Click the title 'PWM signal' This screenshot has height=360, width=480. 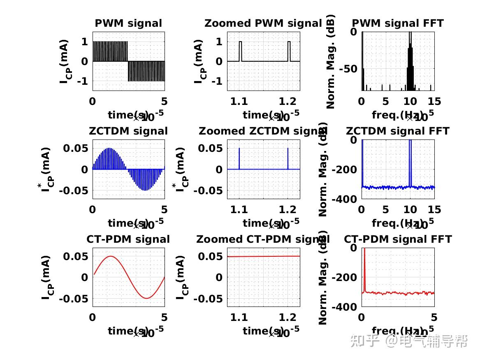[128, 23]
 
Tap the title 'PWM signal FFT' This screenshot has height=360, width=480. [398, 23]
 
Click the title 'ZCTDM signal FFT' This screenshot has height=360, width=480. [398, 131]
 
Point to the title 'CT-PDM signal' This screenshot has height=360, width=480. [128, 239]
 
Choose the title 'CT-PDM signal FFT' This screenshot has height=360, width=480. [398, 239]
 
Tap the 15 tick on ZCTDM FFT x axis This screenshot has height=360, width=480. [434, 210]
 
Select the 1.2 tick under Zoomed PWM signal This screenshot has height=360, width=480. [288, 102]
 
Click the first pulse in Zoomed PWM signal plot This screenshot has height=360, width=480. [241, 51]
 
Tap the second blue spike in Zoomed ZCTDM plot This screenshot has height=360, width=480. [288, 158]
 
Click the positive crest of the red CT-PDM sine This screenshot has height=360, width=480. [111, 257]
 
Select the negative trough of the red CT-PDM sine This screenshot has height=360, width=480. [146, 297]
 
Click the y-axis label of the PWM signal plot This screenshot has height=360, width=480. [64, 61]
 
